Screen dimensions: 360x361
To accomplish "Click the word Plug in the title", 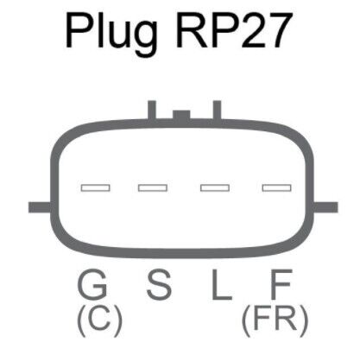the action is [111, 34].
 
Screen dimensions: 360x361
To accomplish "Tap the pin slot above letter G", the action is [95, 188].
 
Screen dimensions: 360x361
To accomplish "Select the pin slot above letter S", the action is [153, 188].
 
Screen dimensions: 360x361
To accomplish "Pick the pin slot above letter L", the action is [215, 188].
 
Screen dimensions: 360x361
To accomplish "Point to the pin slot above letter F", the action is [276, 188].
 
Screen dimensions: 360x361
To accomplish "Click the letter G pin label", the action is [92, 284].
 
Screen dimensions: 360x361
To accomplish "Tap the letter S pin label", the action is [159, 284].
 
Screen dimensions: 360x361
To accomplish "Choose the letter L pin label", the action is [222, 284].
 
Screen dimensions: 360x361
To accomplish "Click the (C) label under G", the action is [100, 320].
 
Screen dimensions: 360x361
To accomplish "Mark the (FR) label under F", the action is [275, 320].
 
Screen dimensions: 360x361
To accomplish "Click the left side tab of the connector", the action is [41, 207].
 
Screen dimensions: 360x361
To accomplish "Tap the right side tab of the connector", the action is [325, 207].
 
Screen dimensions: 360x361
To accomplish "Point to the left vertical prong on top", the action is [152, 110].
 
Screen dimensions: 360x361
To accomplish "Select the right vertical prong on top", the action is [217, 110].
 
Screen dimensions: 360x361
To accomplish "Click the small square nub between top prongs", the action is [181, 115].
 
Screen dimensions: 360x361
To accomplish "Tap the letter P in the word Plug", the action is [79, 30].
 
